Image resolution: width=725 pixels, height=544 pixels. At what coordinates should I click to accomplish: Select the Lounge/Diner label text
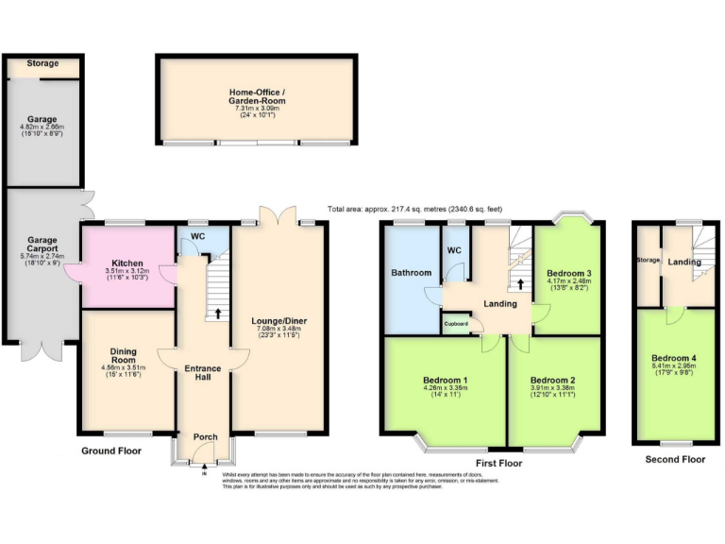coord(279,321)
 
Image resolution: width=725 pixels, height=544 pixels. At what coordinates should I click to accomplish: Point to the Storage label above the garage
coord(42,63)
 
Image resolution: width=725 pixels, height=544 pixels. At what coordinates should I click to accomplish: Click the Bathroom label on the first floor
coord(412,273)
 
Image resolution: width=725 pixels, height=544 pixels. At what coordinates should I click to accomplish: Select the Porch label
coord(205,437)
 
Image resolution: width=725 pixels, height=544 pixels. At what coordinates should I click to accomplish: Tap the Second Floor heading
coord(675,460)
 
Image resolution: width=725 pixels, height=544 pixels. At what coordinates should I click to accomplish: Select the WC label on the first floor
coord(454,250)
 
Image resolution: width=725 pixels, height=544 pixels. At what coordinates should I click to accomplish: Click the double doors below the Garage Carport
coord(42,348)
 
